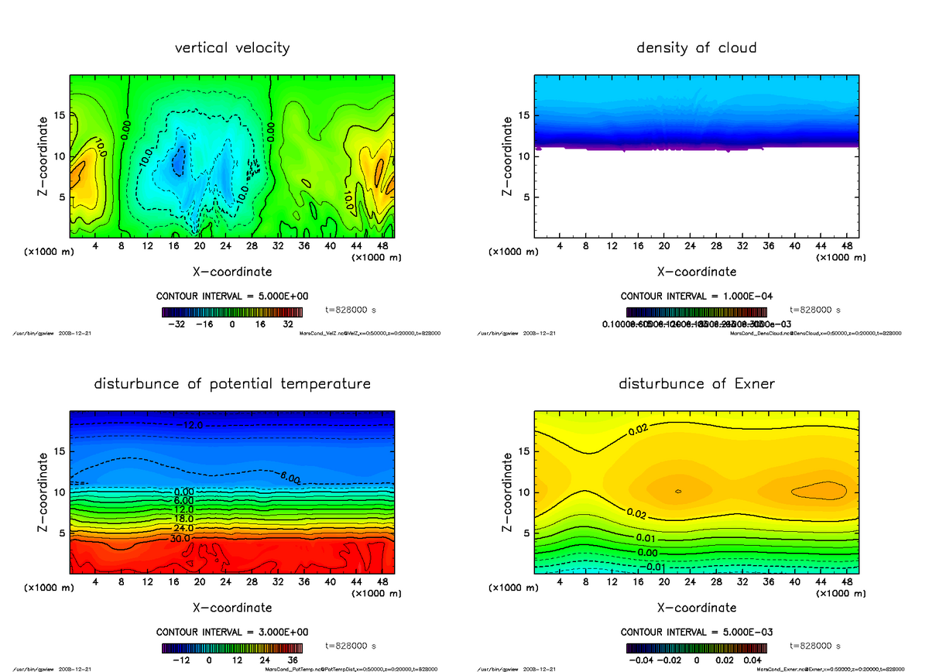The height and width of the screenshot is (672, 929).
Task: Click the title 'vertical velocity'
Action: [x=232, y=48]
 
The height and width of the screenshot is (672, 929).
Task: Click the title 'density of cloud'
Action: [x=696, y=48]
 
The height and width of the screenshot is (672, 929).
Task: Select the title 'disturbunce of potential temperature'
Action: [x=232, y=384]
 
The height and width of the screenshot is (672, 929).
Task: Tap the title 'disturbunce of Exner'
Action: [x=696, y=384]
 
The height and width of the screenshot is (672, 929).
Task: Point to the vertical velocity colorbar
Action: [x=232, y=312]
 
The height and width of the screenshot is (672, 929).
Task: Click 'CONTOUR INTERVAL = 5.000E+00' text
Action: [x=232, y=297]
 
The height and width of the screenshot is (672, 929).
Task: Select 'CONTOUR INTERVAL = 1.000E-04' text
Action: [x=696, y=297]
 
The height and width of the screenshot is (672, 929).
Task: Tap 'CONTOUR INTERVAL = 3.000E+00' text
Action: [x=232, y=632]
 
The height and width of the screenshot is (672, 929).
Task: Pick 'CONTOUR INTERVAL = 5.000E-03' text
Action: [x=696, y=632]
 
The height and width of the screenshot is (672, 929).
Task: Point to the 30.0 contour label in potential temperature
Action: [x=180, y=538]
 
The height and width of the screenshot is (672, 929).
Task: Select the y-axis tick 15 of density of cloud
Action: [x=523, y=116]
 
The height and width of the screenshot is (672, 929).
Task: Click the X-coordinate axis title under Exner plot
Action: [x=696, y=608]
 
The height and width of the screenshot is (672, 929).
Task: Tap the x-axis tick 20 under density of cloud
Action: [x=663, y=246]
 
